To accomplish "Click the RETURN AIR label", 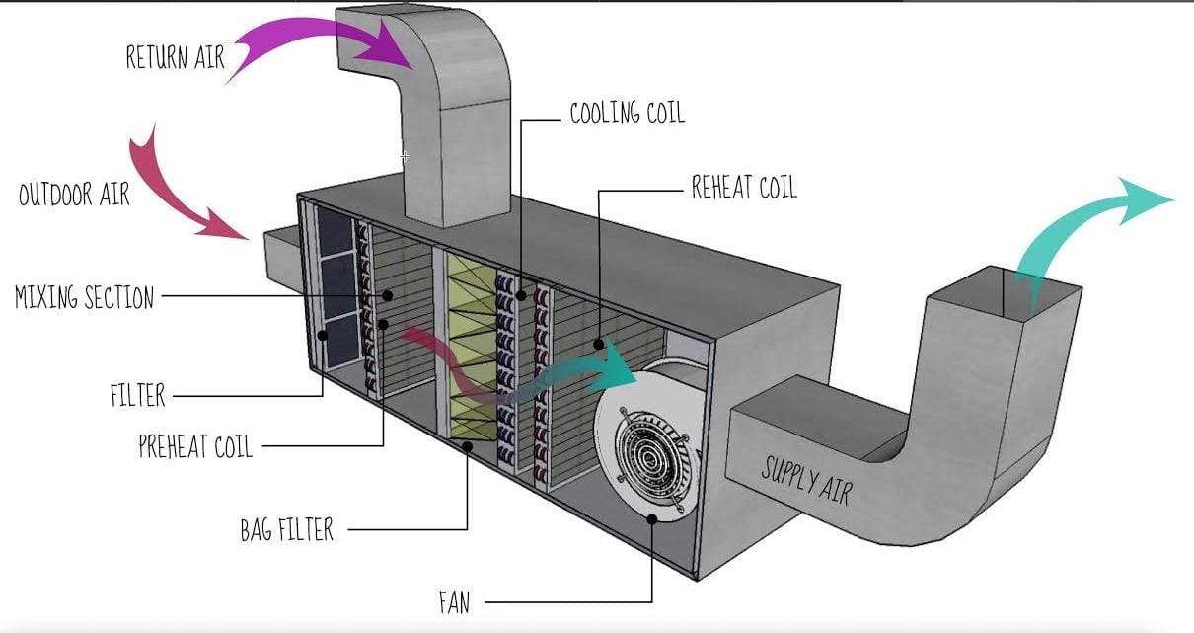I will (x=176, y=57).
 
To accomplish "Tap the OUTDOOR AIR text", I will (x=74, y=193).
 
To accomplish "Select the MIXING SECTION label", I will (x=85, y=296).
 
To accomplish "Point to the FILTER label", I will (x=137, y=396).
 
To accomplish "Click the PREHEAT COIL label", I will (x=195, y=446).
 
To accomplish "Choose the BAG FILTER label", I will (x=287, y=529).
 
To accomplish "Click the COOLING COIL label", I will (x=627, y=114).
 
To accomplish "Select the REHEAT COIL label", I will (x=744, y=188).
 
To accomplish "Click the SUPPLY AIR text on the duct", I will (x=805, y=480).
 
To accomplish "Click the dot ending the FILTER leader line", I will (x=323, y=336).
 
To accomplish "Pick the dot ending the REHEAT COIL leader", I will (x=599, y=343).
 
